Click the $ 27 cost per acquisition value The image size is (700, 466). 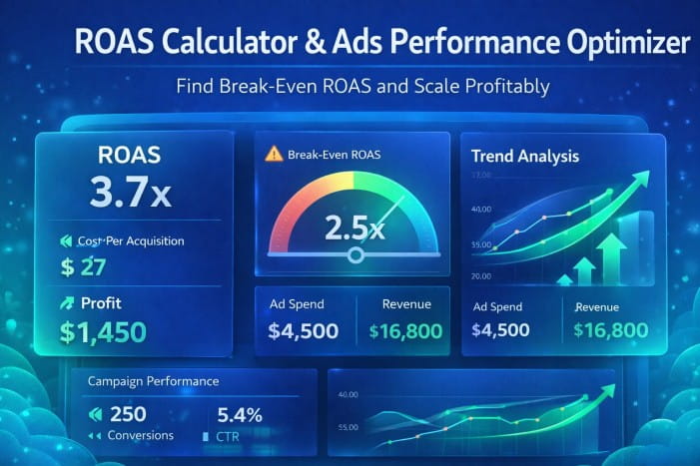pos(84,266)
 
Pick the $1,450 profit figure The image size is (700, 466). pos(103,331)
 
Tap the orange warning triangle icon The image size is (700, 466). pos(274,154)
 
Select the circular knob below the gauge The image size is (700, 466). pos(354,256)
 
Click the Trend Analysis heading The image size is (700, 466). pos(525,157)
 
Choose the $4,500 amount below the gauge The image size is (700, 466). pos(304,331)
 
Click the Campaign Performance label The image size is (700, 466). pos(153,381)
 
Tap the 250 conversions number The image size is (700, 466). pos(128,414)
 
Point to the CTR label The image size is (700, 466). pos(228,436)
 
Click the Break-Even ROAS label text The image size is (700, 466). pos(335,155)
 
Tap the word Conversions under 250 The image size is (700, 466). pos(141,435)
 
